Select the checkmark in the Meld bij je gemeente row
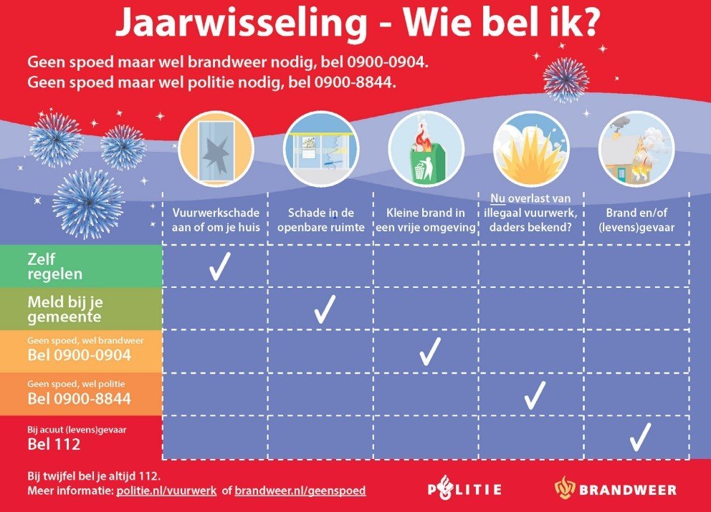(x=325, y=308)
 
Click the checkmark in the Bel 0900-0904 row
(x=429, y=351)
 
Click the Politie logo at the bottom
(x=464, y=490)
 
